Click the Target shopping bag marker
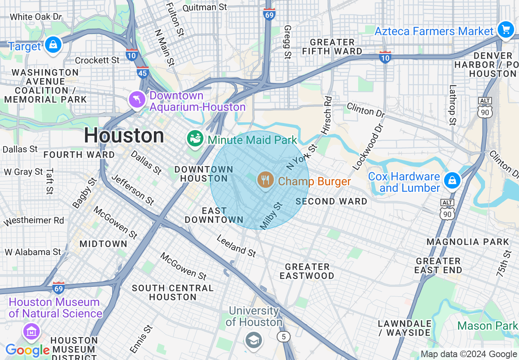[x=53, y=45]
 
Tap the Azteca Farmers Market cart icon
[x=505, y=30]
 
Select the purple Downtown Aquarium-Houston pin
[x=137, y=99]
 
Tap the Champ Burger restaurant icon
[x=266, y=180]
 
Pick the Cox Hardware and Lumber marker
[x=452, y=180]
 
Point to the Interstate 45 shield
[x=143, y=72]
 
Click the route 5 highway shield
[x=283, y=337]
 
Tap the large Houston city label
[x=124, y=135]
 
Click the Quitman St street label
[x=205, y=7]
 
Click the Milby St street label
[x=271, y=216]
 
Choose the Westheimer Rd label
[x=34, y=221]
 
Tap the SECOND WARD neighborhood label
[x=331, y=201]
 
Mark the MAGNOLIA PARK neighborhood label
[x=467, y=242]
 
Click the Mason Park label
[x=487, y=326]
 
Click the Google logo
[x=28, y=350]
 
